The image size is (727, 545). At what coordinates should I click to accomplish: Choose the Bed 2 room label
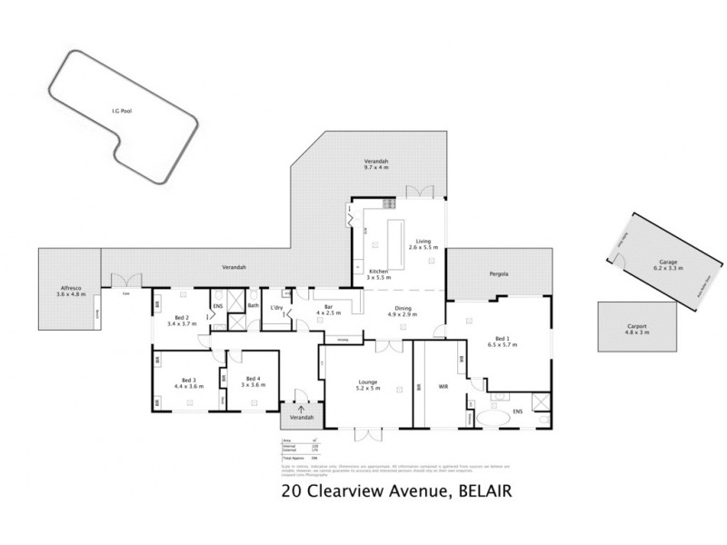(182, 320)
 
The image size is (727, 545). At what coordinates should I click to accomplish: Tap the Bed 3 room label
(189, 382)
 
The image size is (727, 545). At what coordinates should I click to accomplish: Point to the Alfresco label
(71, 291)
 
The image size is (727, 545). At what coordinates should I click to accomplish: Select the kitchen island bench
(394, 239)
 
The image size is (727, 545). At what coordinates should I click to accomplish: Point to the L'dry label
(278, 309)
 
